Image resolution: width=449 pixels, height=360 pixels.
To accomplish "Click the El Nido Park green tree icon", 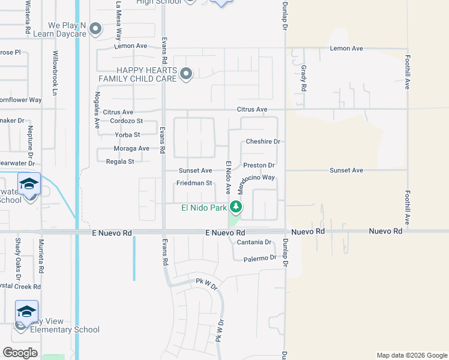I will tap(237, 208).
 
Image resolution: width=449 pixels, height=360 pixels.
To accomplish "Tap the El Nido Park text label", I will tap(204, 208).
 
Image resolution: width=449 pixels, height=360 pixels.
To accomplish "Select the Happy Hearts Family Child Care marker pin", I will tap(186, 74).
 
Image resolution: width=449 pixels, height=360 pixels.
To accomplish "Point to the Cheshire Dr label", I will tap(263, 142).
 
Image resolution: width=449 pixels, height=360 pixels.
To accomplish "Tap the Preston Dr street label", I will tap(259, 165).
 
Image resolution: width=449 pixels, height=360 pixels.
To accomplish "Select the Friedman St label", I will tap(194, 183).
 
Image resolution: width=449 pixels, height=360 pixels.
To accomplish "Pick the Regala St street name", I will tap(119, 161).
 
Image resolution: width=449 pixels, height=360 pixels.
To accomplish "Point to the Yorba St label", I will tap(127, 135).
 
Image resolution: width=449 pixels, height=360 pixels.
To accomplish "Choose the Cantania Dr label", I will tap(254, 242).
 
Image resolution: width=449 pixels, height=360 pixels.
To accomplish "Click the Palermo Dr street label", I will tap(259, 259).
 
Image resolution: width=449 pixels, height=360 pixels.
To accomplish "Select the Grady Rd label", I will tap(304, 78).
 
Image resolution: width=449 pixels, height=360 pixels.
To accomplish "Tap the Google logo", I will tap(20, 352).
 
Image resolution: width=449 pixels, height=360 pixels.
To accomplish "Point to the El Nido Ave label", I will tap(228, 178).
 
